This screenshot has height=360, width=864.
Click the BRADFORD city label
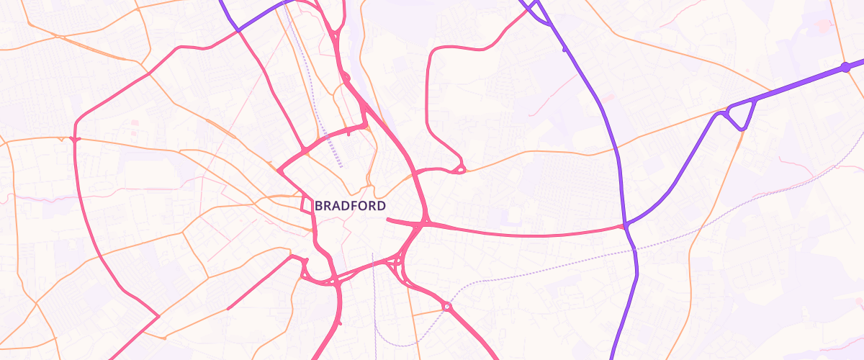[x=350, y=206]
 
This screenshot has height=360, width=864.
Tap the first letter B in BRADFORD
[x=318, y=206]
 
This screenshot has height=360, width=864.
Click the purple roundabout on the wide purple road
[x=845, y=68]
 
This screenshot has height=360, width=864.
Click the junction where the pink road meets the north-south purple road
[x=626, y=226]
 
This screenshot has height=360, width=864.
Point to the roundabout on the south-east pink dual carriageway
[x=447, y=307]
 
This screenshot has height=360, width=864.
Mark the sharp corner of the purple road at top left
[x=237, y=30]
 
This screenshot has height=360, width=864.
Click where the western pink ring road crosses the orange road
[x=75, y=138]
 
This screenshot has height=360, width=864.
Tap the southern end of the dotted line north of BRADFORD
[x=341, y=167]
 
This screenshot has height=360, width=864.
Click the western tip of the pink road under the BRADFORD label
[x=388, y=220]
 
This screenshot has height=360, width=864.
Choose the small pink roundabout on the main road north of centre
[x=346, y=76]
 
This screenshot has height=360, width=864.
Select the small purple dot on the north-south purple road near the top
[x=564, y=50]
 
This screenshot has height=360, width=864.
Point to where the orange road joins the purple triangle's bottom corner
[x=742, y=130]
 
